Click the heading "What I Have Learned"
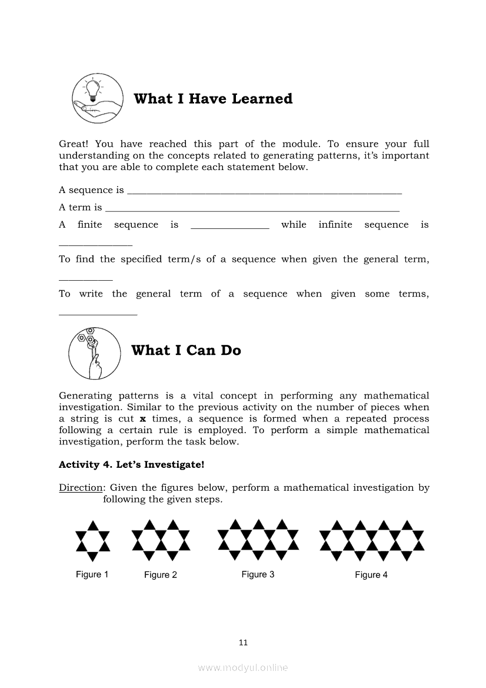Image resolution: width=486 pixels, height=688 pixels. tap(213, 99)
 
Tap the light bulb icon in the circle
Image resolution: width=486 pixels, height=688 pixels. tap(98, 98)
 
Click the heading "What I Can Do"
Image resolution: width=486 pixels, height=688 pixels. tap(186, 351)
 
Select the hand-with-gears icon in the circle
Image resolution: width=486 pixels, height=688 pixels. tap(94, 353)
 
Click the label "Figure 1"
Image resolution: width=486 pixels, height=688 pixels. tap(92, 574)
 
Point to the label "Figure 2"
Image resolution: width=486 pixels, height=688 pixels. tap(161, 575)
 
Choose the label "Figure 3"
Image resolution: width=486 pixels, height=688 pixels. tap(258, 574)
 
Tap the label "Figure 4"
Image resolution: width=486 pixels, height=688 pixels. tap(371, 575)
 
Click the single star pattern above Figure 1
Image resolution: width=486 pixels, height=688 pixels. tap(92, 540)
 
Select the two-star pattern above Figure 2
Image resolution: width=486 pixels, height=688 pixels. tap(161, 540)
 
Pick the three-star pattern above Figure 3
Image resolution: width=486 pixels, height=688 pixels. tap(258, 540)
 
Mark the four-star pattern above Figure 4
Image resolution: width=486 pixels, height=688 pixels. tap(371, 540)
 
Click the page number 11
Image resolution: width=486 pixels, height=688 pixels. tap(244, 643)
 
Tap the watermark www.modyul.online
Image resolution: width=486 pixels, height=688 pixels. tap(243, 668)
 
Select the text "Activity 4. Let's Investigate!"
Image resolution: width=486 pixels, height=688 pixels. tap(131, 465)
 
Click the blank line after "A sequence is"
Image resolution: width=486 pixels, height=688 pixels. tap(264, 192)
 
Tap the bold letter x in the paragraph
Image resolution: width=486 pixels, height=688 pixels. tap(142, 419)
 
